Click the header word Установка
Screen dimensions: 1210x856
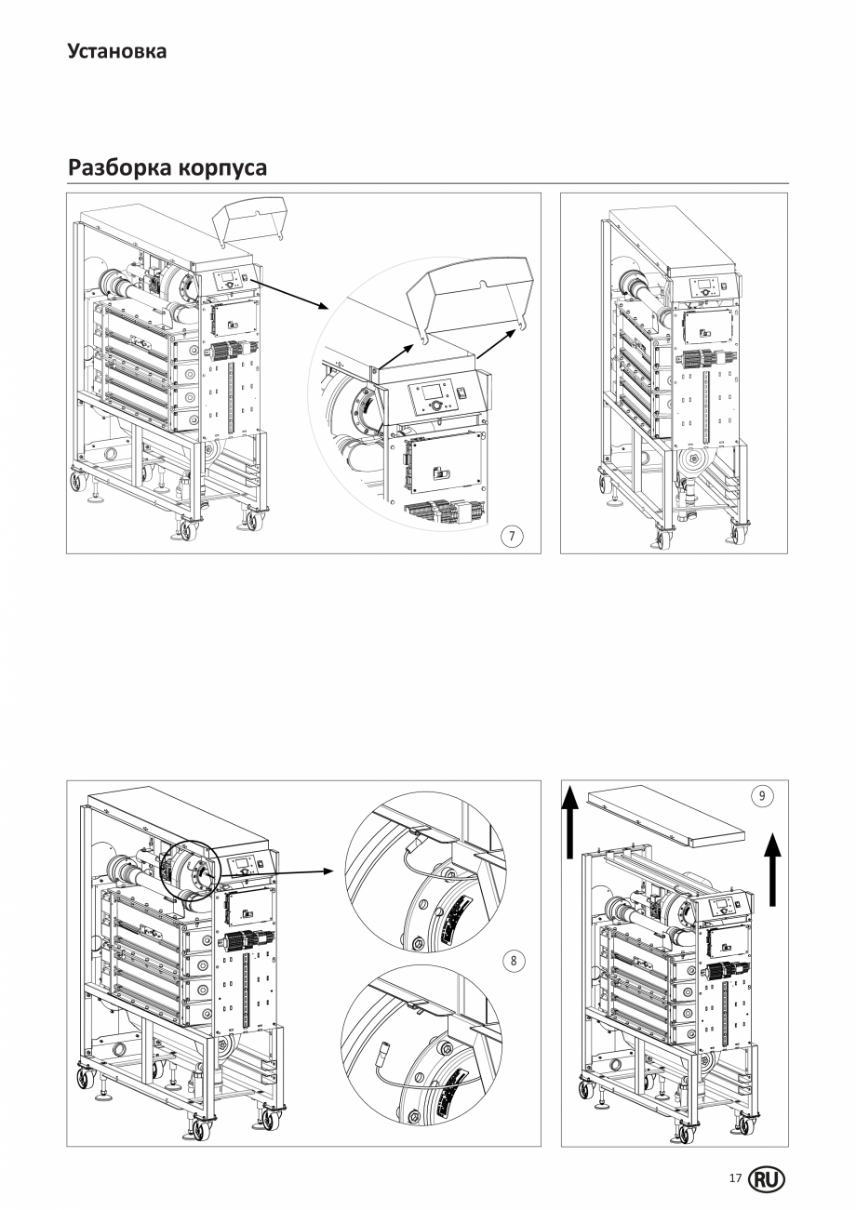click(117, 51)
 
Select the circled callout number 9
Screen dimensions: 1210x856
click(762, 796)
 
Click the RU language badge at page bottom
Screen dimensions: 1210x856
click(767, 1179)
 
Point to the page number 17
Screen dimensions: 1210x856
click(735, 1178)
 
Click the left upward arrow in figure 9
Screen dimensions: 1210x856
click(569, 821)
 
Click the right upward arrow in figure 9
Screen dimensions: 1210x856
click(773, 871)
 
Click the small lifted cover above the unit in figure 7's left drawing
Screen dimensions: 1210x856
click(248, 223)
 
